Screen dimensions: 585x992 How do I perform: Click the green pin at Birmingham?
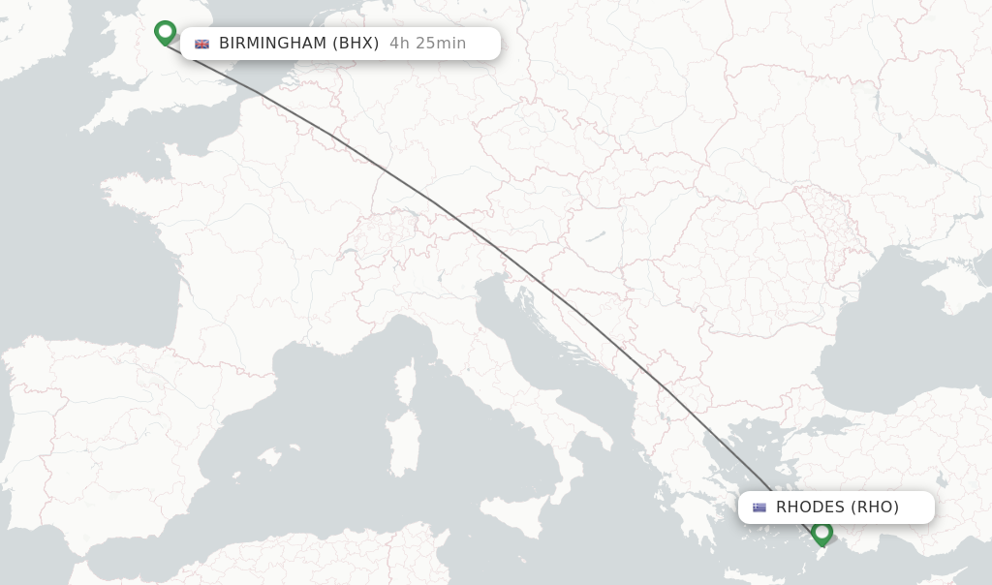coord(166,32)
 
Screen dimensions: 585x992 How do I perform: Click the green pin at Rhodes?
coord(822,532)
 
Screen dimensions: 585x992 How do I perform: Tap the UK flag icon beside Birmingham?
coord(201,44)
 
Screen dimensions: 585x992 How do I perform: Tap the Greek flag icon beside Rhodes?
coord(759,508)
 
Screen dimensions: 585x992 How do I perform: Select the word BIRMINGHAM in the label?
coord(274,44)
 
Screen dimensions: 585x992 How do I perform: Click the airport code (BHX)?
coord(356,44)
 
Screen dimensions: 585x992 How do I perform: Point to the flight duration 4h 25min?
coord(427,44)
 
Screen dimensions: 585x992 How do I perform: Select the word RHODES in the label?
coord(810,508)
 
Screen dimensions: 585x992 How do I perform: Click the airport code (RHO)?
coord(875,508)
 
